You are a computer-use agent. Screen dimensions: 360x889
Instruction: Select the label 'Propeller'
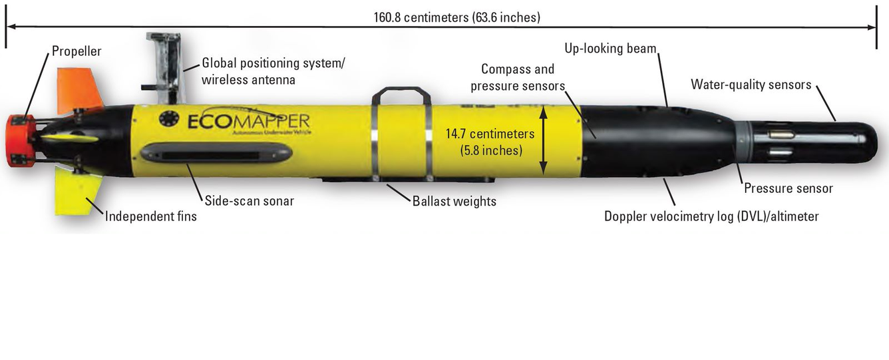coord(77,51)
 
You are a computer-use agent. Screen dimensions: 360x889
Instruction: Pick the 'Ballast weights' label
coord(454,200)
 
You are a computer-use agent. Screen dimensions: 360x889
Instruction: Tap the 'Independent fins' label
coord(151,216)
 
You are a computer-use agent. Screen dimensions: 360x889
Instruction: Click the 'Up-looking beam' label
coord(611,49)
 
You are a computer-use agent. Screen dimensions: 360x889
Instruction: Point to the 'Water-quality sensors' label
coord(751,85)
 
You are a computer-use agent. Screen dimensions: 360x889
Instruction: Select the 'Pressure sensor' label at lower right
coord(789,188)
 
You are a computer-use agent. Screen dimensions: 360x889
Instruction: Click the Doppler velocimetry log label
coord(711,216)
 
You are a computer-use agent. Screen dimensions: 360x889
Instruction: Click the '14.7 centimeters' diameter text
coord(491,134)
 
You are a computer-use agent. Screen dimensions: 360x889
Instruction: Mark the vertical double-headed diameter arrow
coord(545,139)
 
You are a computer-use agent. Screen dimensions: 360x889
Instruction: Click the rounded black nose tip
coord(869,140)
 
